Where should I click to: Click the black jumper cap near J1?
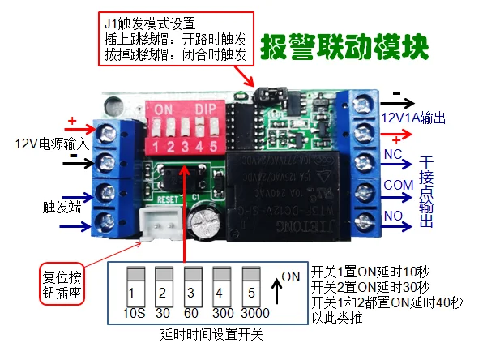click(x=263, y=95)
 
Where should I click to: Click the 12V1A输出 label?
click(x=413, y=118)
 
